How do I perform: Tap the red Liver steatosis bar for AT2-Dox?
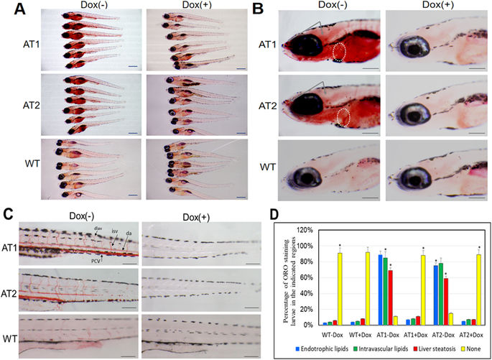(x=447, y=301)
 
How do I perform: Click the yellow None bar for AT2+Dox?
(x=479, y=290)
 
